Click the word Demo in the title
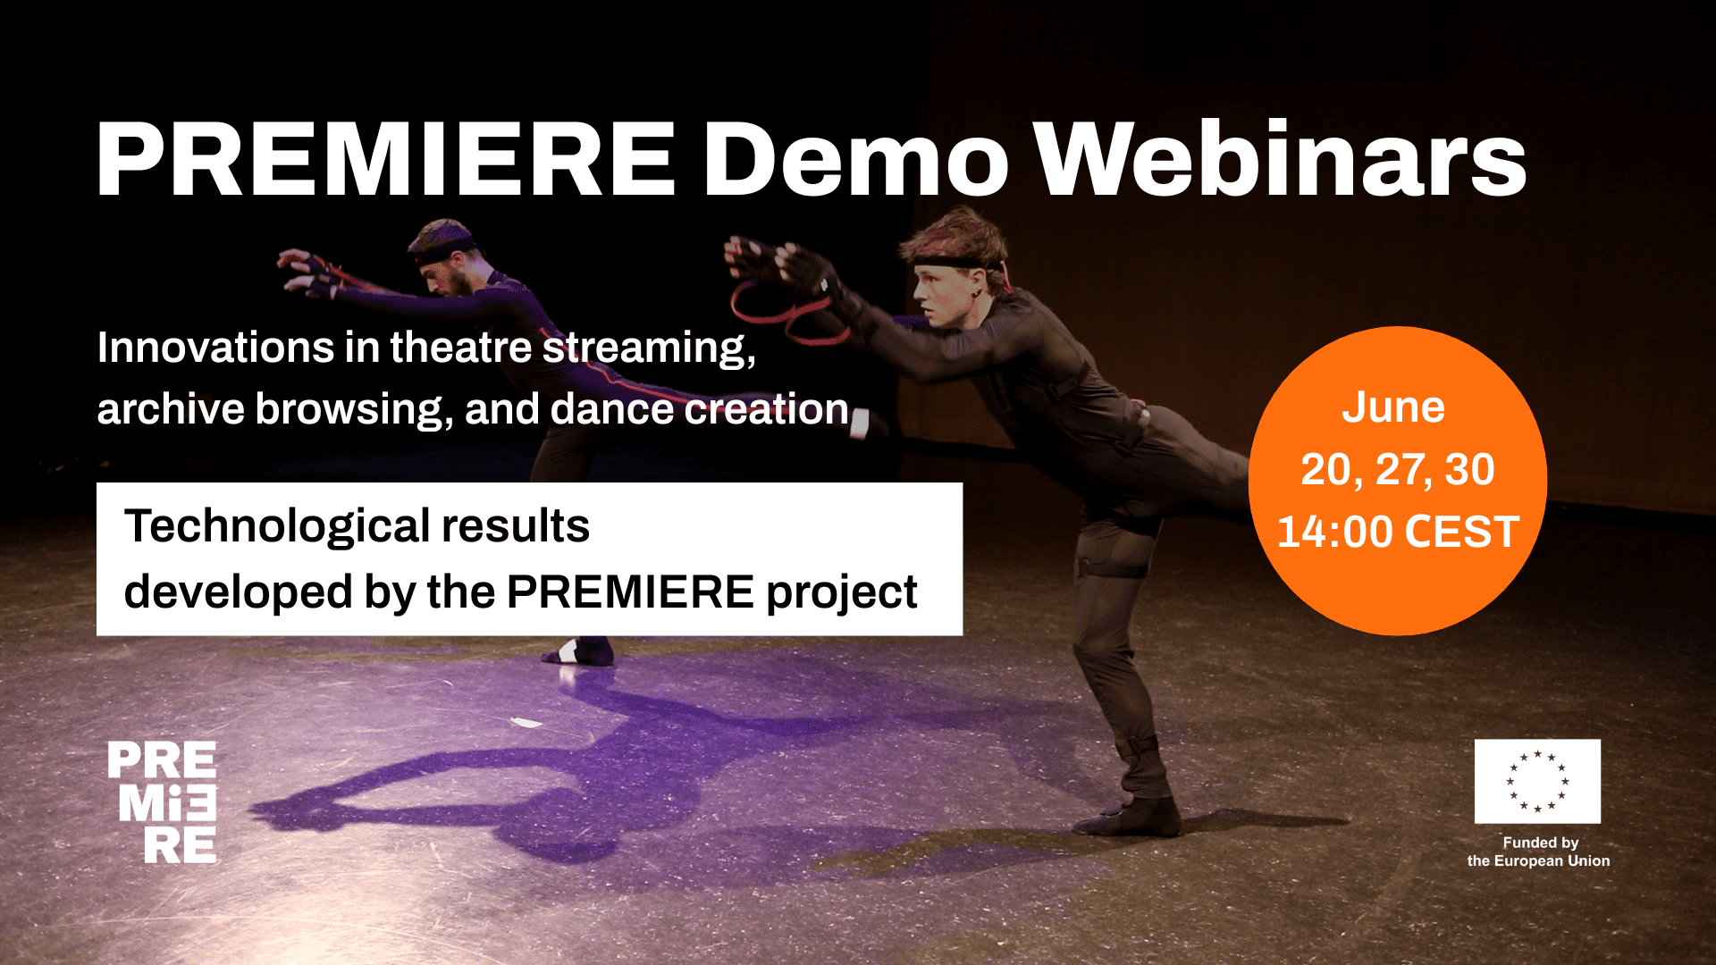click(856, 159)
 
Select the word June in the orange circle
click(1393, 407)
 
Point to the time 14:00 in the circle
click(1335, 532)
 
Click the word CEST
click(1462, 532)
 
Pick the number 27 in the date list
click(1401, 470)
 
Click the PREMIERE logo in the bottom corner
click(162, 802)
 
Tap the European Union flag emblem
click(1537, 781)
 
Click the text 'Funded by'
click(1540, 843)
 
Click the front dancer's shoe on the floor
click(1128, 817)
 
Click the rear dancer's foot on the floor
click(579, 652)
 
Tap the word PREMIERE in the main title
click(386, 159)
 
